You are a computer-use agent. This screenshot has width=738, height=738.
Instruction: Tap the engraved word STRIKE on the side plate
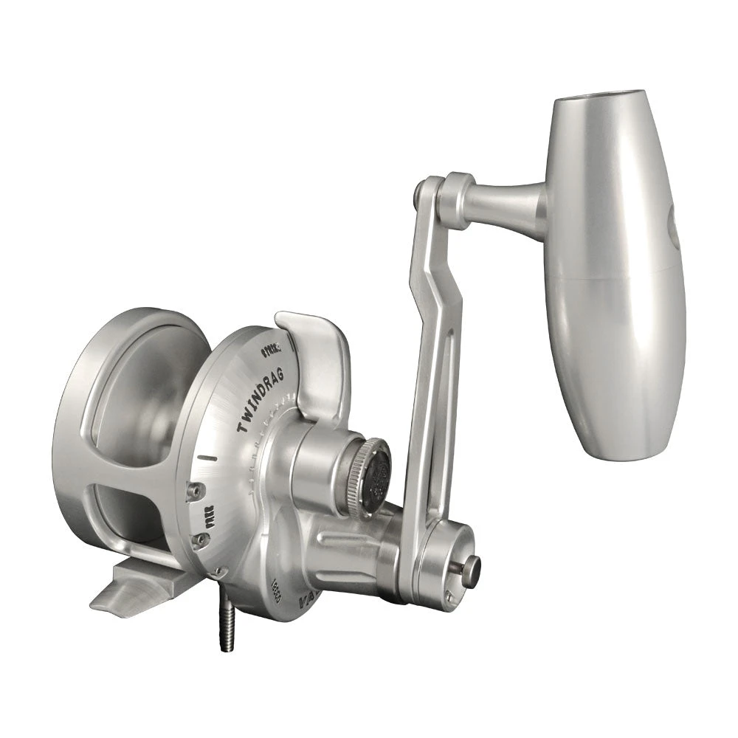tap(271, 348)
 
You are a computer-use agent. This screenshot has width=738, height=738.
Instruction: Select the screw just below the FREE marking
tap(199, 541)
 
